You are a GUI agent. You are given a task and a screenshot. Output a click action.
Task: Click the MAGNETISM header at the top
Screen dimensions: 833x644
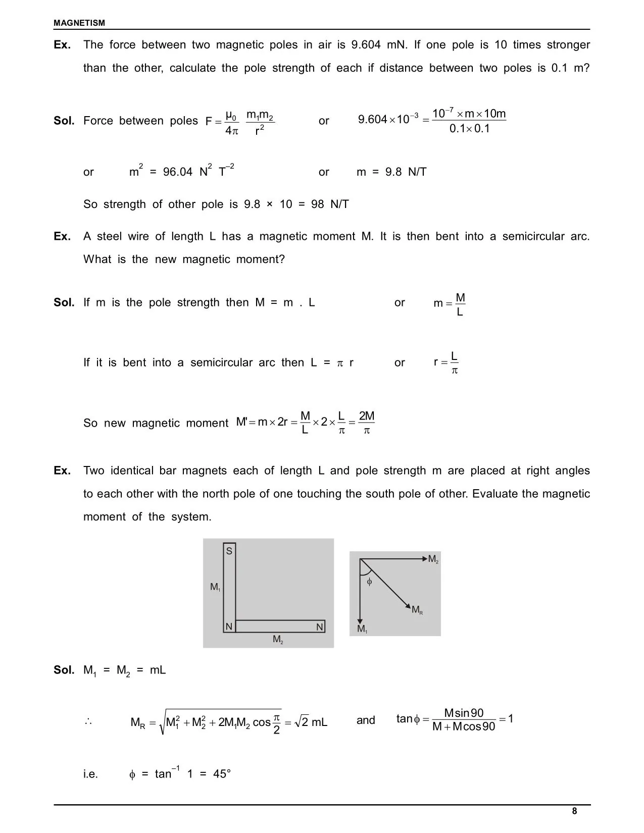(79, 23)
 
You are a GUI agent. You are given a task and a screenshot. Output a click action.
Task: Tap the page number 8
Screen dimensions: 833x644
(574, 811)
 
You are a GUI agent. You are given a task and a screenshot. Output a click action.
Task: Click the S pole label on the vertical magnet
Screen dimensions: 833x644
(229, 551)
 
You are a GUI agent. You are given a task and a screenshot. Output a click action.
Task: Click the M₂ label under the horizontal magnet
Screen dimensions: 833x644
(278, 640)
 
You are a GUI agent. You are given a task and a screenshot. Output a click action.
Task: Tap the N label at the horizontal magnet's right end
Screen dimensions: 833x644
(319, 627)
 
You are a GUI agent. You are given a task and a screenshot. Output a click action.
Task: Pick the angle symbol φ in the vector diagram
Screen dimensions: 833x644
(369, 582)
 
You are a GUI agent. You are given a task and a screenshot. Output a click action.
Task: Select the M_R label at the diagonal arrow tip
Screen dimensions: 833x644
(417, 610)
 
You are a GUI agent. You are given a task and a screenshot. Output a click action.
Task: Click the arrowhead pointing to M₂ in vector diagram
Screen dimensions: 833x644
(424, 558)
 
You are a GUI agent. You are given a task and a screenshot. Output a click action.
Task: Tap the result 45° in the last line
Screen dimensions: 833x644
(222, 774)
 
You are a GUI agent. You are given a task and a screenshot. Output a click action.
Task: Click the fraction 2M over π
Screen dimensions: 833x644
(367, 423)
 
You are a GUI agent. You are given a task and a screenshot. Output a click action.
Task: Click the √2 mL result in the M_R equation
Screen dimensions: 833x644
(311, 722)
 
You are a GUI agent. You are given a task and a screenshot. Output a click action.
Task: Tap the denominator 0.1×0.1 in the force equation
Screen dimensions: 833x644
(470, 129)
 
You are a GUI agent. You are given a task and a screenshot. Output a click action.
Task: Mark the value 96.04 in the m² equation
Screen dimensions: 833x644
(178, 172)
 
